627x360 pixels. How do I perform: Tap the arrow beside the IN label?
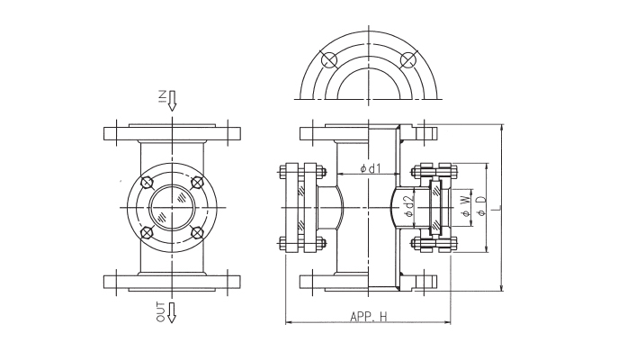173,100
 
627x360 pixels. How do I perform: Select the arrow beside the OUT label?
173,312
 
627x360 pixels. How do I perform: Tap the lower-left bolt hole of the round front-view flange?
147,236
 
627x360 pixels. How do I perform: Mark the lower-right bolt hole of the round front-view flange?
198,236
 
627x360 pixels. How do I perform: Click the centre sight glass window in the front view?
173,210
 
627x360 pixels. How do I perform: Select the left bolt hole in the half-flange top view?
330,60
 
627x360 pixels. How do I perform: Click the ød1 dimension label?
370,167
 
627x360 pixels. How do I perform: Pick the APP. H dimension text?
369,316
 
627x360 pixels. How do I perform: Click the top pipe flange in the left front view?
173,133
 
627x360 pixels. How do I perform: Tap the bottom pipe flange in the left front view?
173,282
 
